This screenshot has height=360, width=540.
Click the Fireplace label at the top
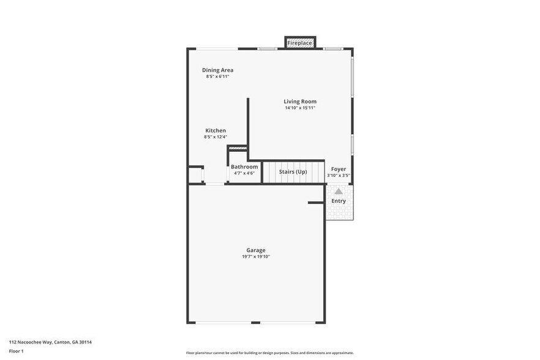tap(300, 43)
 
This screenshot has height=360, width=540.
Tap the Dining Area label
tap(217, 70)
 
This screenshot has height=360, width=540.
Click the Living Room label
tap(300, 101)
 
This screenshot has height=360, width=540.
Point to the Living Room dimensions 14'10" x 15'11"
tap(300, 108)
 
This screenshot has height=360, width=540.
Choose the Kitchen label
tap(216, 130)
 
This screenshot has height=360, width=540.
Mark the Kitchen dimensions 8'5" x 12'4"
tap(216, 137)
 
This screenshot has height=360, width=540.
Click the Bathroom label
tap(244, 167)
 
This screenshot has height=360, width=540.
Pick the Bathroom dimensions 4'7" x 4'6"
tap(244, 173)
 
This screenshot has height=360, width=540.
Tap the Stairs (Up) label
tap(293, 171)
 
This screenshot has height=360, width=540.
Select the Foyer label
tap(339, 169)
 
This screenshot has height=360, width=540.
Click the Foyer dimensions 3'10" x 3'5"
tap(339, 176)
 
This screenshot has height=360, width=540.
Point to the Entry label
tap(339, 201)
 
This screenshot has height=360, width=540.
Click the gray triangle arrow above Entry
tap(339, 191)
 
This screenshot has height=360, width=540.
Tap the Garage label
tap(256, 250)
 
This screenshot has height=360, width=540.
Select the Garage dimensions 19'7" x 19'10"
tap(256, 257)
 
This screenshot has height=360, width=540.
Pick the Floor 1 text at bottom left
tap(16, 351)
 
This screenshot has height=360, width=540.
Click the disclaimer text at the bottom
tap(269, 353)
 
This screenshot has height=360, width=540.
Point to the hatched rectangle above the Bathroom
tap(238, 148)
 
